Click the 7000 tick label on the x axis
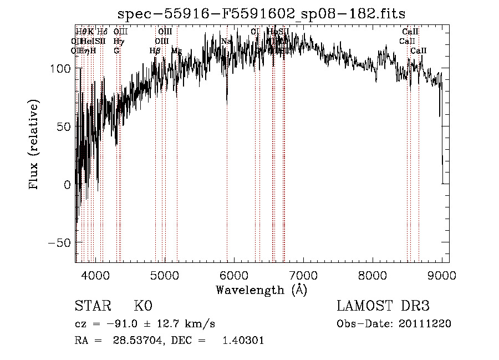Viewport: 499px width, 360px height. pos(303,275)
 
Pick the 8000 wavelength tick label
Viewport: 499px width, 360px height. pos(373,275)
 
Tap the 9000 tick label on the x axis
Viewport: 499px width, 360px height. pos(442,275)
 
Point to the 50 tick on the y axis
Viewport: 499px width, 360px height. pos(64,126)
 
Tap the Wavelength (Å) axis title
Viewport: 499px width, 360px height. pos(261,290)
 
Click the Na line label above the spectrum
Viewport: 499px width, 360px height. pos(226,42)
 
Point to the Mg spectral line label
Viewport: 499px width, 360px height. pos(176,51)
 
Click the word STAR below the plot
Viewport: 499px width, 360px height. pos(93,306)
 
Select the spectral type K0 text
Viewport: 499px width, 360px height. pos(142,306)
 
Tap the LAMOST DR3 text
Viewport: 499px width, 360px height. pos(383,306)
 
